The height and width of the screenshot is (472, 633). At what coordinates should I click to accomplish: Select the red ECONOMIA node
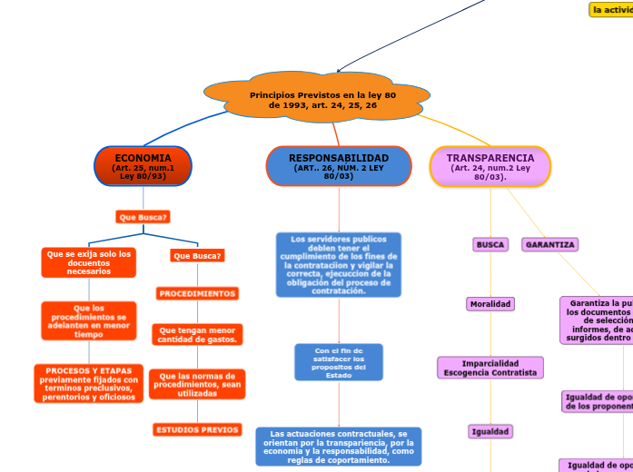(x=143, y=166)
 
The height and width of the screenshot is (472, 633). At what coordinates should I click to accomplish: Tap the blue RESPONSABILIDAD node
(x=338, y=166)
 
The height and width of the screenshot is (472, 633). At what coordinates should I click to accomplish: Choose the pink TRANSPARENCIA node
(x=490, y=166)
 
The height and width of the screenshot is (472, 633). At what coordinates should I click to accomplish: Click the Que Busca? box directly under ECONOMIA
(x=143, y=217)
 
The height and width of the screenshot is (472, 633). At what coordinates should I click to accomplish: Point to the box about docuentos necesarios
(x=89, y=262)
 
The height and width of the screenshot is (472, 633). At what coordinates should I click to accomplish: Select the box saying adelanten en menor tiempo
(x=89, y=321)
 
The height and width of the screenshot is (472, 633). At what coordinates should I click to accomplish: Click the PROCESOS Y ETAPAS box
(x=89, y=383)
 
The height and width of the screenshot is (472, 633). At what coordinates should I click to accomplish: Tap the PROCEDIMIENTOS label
(x=197, y=293)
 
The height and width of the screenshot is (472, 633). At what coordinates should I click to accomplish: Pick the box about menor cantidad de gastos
(x=197, y=335)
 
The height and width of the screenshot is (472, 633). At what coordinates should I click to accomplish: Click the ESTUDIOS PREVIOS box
(x=197, y=429)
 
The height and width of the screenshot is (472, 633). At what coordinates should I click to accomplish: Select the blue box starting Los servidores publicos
(x=338, y=265)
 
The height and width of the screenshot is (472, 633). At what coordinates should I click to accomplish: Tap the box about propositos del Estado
(x=339, y=362)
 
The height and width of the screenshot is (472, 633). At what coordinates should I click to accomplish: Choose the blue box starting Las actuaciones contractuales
(x=339, y=447)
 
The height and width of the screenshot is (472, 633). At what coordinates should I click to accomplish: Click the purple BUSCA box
(x=490, y=244)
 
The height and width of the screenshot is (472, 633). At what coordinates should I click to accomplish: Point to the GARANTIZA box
(x=550, y=244)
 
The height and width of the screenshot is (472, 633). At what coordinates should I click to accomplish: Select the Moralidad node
(x=490, y=304)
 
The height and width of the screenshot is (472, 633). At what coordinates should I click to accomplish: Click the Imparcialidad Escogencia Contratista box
(x=490, y=367)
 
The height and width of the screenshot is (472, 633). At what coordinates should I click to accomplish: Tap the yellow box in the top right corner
(x=611, y=9)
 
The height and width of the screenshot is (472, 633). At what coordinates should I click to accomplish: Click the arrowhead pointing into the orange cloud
(x=338, y=70)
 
